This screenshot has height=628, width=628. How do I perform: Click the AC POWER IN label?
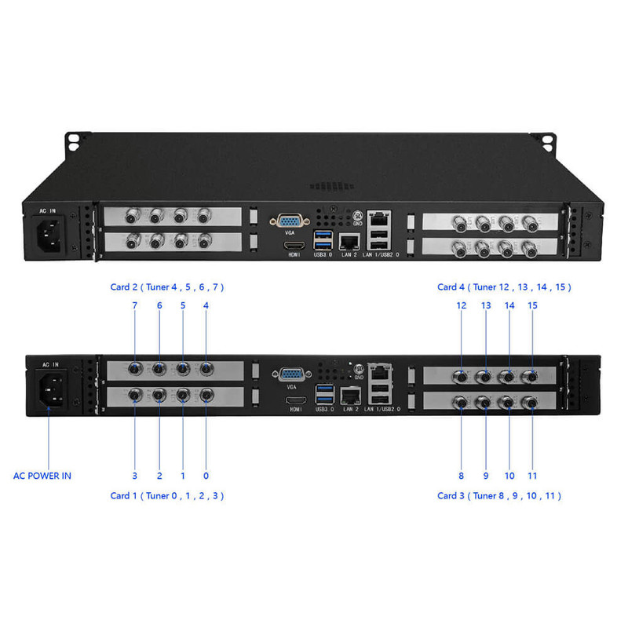(42, 476)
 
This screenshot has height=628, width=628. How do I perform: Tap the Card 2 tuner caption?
(167, 287)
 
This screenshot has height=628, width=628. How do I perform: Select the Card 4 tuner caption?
(504, 287)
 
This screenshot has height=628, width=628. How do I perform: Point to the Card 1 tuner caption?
(167, 496)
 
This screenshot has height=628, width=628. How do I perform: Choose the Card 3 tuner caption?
(499, 496)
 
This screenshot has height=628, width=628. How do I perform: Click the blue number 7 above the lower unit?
(134, 305)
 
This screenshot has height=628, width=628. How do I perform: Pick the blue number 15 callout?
(532, 305)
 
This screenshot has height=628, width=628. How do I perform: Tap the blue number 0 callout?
(206, 476)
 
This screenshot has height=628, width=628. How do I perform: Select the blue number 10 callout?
(509, 476)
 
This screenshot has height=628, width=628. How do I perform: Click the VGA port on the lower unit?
(291, 374)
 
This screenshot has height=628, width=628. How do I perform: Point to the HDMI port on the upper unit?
(294, 245)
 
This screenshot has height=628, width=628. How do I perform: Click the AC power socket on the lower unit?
(52, 389)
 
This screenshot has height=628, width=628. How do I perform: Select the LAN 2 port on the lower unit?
(350, 396)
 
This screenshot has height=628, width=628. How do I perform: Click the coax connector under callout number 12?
(462, 377)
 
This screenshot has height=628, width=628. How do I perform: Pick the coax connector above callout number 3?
(135, 395)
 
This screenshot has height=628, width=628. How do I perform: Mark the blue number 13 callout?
(486, 305)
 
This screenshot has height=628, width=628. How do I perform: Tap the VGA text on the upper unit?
(290, 232)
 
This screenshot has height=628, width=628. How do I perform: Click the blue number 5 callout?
(183, 305)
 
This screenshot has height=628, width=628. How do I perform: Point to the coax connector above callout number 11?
(531, 403)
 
